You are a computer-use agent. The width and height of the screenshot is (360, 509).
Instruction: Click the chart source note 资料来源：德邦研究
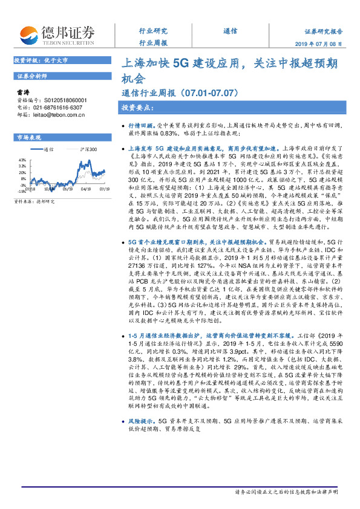pyautogui.click(x=34, y=201)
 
